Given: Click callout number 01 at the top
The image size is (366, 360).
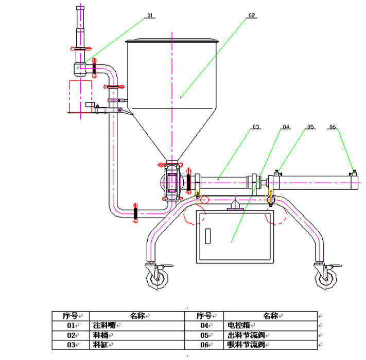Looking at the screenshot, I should click(150, 15).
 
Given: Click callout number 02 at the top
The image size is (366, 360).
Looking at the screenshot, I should click(251, 15).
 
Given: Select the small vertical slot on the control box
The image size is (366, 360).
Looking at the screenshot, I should click(208, 236).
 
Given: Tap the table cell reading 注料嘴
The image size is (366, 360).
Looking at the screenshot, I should click(104, 325).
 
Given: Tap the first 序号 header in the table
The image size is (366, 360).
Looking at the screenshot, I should click(70, 315).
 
